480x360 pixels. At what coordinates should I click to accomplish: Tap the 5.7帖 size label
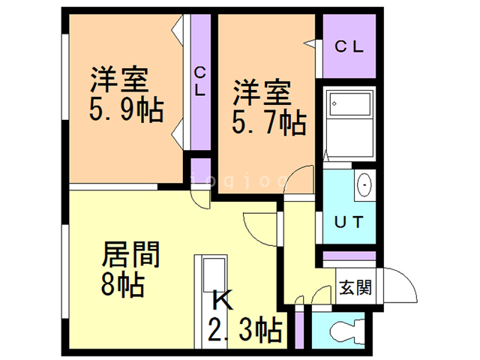(x=268, y=122)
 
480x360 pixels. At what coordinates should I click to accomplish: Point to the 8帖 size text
(x=123, y=285)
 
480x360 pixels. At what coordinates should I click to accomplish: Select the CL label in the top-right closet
(x=349, y=46)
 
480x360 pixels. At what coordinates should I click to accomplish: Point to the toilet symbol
(x=345, y=329)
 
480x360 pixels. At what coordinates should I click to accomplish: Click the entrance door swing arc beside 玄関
(x=396, y=285)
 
